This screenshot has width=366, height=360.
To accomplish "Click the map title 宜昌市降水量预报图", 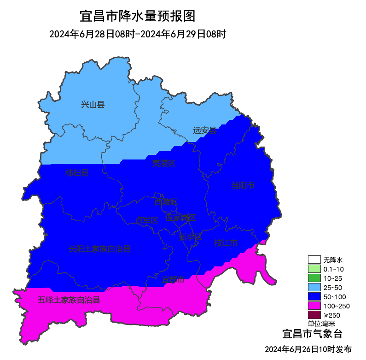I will click(138, 16).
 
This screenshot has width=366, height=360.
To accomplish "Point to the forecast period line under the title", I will click(137, 35).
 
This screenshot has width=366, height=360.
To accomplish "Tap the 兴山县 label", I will click(93, 105).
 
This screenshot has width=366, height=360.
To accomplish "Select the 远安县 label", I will click(204, 130).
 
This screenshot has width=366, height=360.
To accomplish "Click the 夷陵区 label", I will click(164, 163).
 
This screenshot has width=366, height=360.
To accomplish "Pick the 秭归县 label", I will click(76, 173).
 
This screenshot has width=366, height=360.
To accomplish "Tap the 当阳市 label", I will click(243, 185).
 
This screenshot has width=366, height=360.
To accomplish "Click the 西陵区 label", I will click(166, 202).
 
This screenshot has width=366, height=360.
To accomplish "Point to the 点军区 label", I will click(147, 220).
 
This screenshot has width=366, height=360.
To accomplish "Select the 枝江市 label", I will click(226, 243).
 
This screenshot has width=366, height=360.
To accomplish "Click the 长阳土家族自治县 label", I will click(99, 249).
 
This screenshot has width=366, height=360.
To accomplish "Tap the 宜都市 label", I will click(173, 279).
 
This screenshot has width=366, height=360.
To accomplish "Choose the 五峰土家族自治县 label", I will click(69, 300).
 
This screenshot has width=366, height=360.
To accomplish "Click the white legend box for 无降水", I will click(314, 260).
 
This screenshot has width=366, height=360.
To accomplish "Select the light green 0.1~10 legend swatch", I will click(314, 269).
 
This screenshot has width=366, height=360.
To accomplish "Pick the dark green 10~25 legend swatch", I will click(314, 278).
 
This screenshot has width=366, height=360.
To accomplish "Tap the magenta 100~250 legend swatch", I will click(314, 306).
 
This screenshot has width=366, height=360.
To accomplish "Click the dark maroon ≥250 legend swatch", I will click(314, 315).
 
